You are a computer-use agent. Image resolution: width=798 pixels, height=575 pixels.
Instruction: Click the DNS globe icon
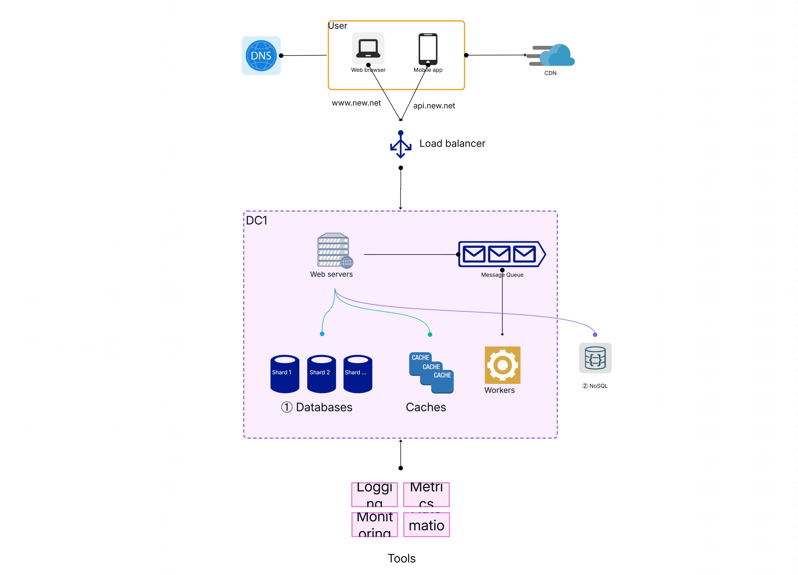[261, 55]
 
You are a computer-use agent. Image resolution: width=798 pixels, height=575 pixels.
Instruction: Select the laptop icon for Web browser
[368, 48]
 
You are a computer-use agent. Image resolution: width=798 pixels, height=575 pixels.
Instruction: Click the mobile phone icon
[428, 49]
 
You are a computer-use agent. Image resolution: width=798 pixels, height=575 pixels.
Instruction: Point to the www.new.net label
[356, 103]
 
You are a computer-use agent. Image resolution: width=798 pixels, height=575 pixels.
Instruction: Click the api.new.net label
[434, 106]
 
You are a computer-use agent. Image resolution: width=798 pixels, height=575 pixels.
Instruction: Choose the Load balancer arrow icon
[401, 144]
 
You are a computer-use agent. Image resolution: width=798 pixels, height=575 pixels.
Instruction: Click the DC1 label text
[257, 220]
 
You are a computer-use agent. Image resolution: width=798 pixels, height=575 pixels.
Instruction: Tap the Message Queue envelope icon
[502, 254]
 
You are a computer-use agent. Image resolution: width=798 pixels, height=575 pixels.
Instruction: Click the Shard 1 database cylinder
[284, 374]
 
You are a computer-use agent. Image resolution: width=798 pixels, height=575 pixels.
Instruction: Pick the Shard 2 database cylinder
[321, 374]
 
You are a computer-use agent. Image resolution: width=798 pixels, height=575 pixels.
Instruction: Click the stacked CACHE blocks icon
[431, 372]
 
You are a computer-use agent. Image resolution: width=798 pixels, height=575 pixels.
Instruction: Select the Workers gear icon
[502, 365]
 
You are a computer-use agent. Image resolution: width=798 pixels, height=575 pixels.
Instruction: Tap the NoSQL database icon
[595, 358]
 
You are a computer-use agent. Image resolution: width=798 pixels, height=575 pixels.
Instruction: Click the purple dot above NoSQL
[595, 334]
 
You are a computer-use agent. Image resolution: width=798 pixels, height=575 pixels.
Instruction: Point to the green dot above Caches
[430, 334]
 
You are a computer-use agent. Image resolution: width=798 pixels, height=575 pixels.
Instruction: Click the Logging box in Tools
[374, 494]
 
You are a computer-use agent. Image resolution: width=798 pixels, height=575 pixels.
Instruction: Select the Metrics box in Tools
[426, 494]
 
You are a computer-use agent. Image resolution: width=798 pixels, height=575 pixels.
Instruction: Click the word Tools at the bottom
[401, 558]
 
